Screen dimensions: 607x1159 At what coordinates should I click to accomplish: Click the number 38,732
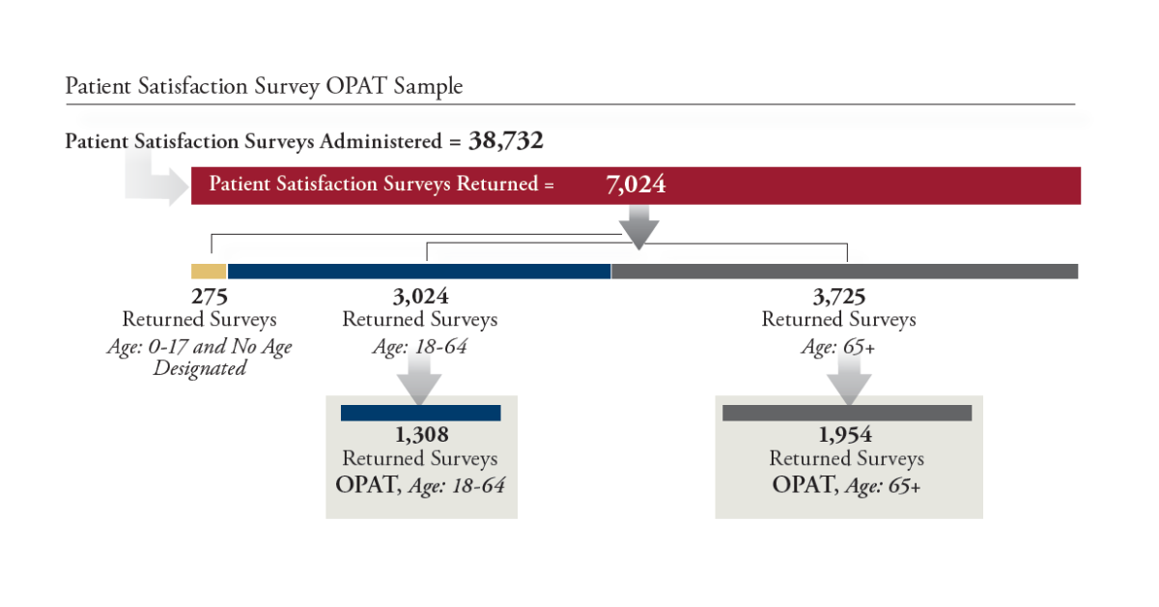coord(506,141)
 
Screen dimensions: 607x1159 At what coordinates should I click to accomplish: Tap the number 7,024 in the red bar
coord(636,184)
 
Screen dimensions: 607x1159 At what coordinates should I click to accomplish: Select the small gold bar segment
coord(209,271)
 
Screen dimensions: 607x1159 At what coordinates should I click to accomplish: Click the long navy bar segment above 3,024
coord(418,271)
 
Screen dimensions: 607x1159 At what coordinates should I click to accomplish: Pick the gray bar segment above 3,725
coord(844,271)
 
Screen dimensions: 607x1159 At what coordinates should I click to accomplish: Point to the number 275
coord(210,297)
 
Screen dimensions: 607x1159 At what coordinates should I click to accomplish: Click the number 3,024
coord(420,297)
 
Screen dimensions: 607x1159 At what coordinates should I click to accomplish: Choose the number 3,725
coord(838,297)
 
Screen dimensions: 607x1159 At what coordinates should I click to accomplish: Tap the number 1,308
coord(421,436)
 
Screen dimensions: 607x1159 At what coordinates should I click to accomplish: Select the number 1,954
coord(846,436)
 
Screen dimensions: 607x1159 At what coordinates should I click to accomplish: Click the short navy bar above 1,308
coord(421,413)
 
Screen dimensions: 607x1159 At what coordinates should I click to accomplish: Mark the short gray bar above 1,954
coord(847,413)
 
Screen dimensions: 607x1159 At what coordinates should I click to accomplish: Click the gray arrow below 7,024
coord(638,229)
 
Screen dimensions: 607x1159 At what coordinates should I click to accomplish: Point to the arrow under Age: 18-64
coord(420,380)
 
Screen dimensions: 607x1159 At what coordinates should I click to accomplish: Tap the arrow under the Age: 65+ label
coord(847,380)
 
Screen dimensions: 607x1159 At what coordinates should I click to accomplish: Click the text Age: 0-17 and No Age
coord(199,346)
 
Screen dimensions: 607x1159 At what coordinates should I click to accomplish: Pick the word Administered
coord(381,141)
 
